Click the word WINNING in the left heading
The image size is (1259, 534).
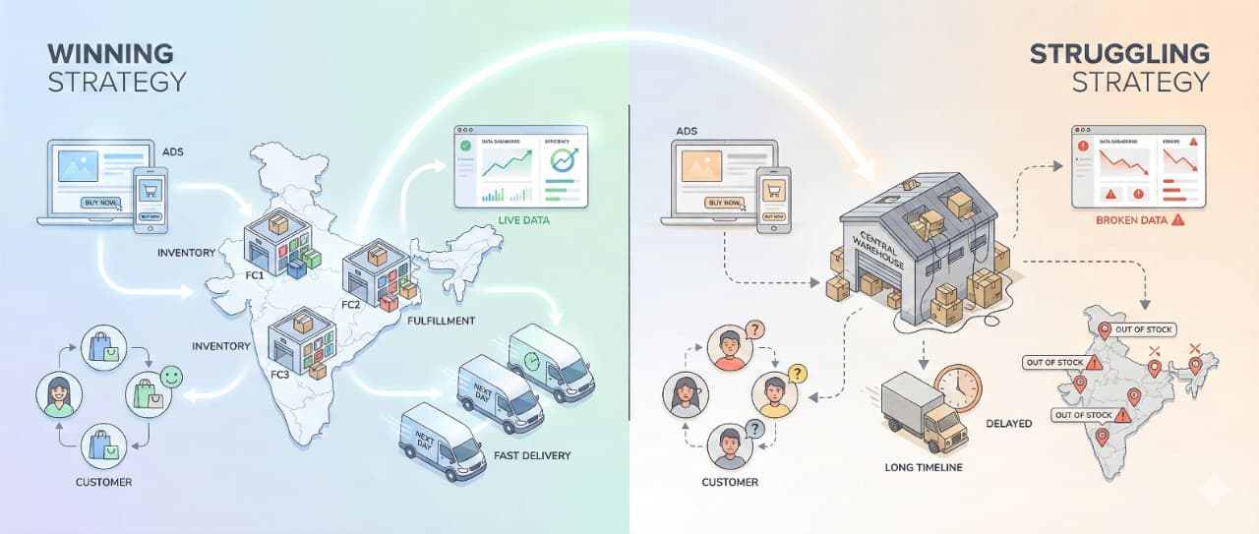click(x=110, y=52)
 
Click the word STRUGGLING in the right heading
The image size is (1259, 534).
click(x=1118, y=53)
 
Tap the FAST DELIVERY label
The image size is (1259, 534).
click(x=533, y=455)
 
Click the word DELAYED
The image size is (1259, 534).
click(x=1008, y=423)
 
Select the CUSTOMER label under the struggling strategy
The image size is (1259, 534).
click(x=730, y=482)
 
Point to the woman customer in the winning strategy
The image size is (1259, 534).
click(x=59, y=394)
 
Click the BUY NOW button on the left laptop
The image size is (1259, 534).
click(x=102, y=204)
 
